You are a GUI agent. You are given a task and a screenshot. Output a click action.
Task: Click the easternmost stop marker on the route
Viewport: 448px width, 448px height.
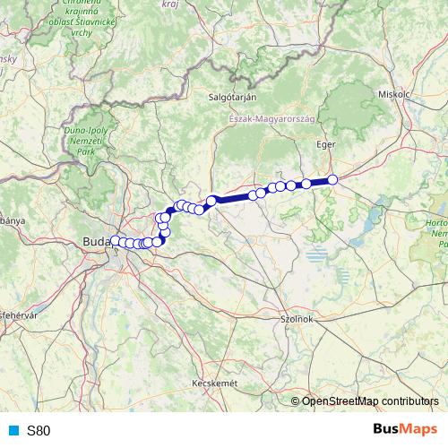click(332, 180)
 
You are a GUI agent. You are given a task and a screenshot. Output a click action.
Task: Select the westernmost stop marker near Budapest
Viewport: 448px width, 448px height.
click(115, 241)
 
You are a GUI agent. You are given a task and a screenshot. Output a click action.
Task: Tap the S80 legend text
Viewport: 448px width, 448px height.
click(39, 430)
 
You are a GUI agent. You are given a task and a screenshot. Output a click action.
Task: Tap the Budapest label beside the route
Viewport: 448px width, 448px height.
click(95, 241)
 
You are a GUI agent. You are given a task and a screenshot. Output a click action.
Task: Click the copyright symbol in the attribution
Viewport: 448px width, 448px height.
click(296, 401)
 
